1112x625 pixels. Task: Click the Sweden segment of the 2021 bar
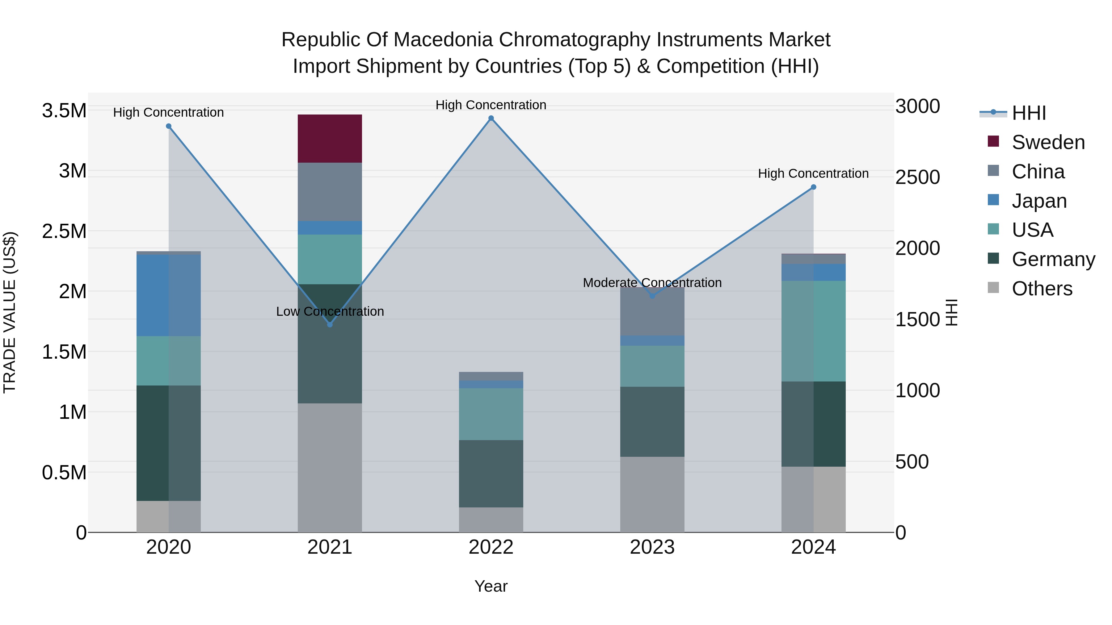[330, 139]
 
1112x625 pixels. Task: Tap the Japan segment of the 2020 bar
[168, 295]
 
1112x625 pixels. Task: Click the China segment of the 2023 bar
[652, 311]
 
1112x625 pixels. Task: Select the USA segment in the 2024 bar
[813, 331]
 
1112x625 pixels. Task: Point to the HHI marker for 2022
[491, 118]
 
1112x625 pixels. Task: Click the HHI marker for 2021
[330, 324]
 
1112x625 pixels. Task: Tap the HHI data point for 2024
[813, 187]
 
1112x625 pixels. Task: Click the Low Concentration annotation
[330, 311]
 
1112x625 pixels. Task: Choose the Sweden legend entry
[1048, 142]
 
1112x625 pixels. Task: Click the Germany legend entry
[1053, 259]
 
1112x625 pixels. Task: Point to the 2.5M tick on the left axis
[64, 231]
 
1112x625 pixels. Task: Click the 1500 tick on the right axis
[917, 320]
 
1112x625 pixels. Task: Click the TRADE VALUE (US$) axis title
[10, 312]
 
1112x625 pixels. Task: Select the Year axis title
[491, 586]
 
